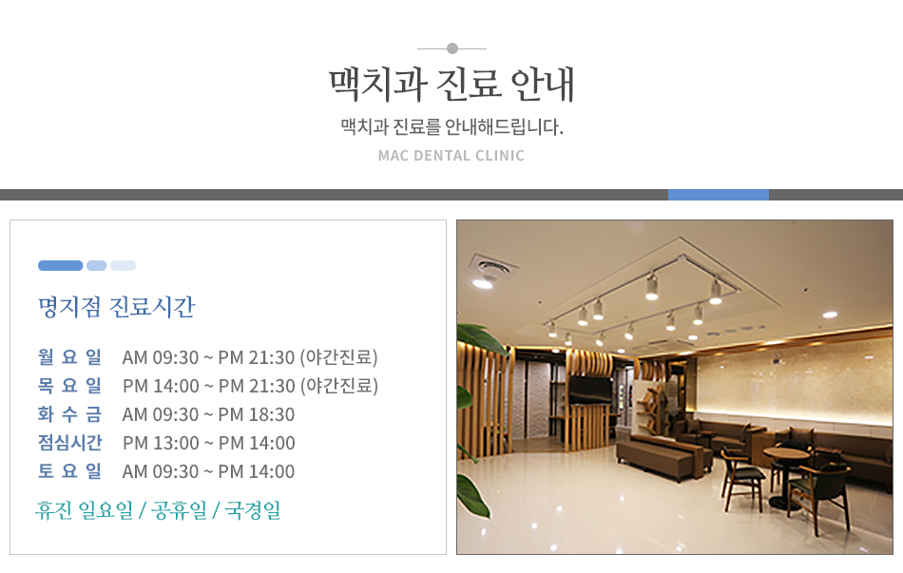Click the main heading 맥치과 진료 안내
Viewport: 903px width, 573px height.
point(451,84)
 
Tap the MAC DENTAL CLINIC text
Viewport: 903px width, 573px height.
point(451,156)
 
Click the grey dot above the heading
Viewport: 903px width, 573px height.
point(452,48)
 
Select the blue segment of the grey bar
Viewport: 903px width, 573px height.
point(719,195)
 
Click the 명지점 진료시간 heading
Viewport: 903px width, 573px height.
point(117,306)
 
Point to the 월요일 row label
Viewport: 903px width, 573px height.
point(69,357)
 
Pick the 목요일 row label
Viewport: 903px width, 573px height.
point(69,385)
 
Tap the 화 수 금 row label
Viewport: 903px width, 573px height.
point(69,414)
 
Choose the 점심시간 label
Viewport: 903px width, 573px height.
point(69,442)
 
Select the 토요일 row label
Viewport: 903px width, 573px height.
point(69,471)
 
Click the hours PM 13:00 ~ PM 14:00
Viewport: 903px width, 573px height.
point(209,443)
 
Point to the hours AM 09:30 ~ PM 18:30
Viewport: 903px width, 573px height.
point(208,414)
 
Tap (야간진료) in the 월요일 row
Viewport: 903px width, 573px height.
point(338,357)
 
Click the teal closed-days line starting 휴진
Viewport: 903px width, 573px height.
point(159,510)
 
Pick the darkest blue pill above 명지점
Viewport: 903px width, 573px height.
point(61,265)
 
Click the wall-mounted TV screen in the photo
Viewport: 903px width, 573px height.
point(590,390)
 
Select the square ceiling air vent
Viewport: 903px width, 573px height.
point(492,266)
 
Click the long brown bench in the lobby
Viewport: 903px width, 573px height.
point(662,455)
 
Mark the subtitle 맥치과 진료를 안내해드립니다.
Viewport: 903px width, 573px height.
point(452,126)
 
